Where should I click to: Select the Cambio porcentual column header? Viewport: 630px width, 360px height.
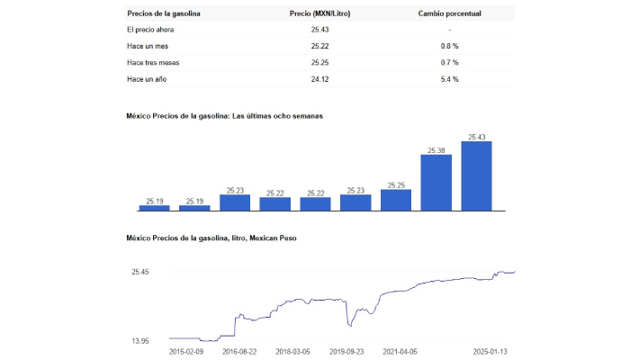[x=449, y=14]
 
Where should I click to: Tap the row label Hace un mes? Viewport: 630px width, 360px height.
[x=148, y=46]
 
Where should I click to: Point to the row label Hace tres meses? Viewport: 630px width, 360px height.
[x=154, y=62]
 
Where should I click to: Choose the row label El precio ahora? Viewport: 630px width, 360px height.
[x=151, y=30]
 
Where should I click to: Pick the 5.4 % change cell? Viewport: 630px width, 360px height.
[x=449, y=79]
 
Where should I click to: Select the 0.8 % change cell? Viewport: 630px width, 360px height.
[x=449, y=46]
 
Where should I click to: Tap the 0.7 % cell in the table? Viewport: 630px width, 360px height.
[x=449, y=62]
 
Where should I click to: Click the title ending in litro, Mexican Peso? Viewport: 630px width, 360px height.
[x=211, y=238]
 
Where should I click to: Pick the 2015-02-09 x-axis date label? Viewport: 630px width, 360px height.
[x=187, y=352]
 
